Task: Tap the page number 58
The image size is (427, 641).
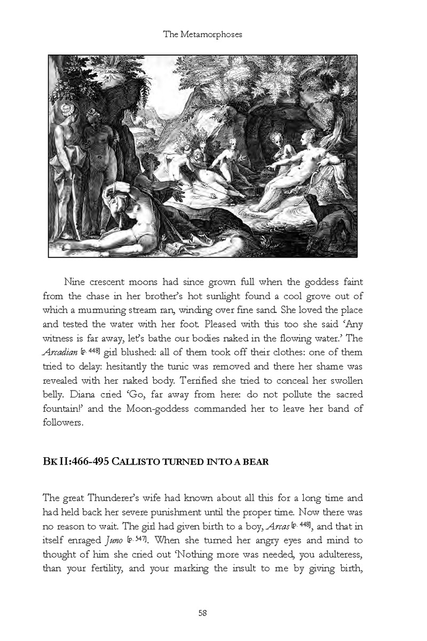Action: click(202, 613)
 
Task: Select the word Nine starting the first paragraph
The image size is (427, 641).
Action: click(74, 282)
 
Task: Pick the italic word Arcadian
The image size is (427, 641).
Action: click(60, 352)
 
